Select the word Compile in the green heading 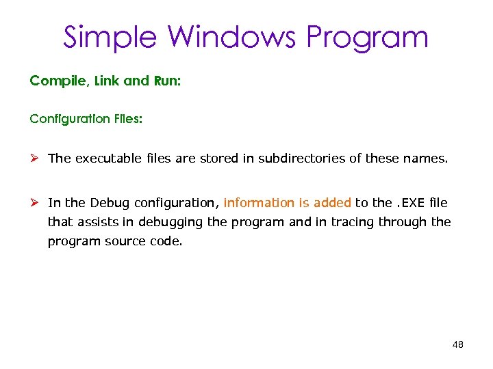55,81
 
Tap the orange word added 332,202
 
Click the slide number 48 458,344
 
